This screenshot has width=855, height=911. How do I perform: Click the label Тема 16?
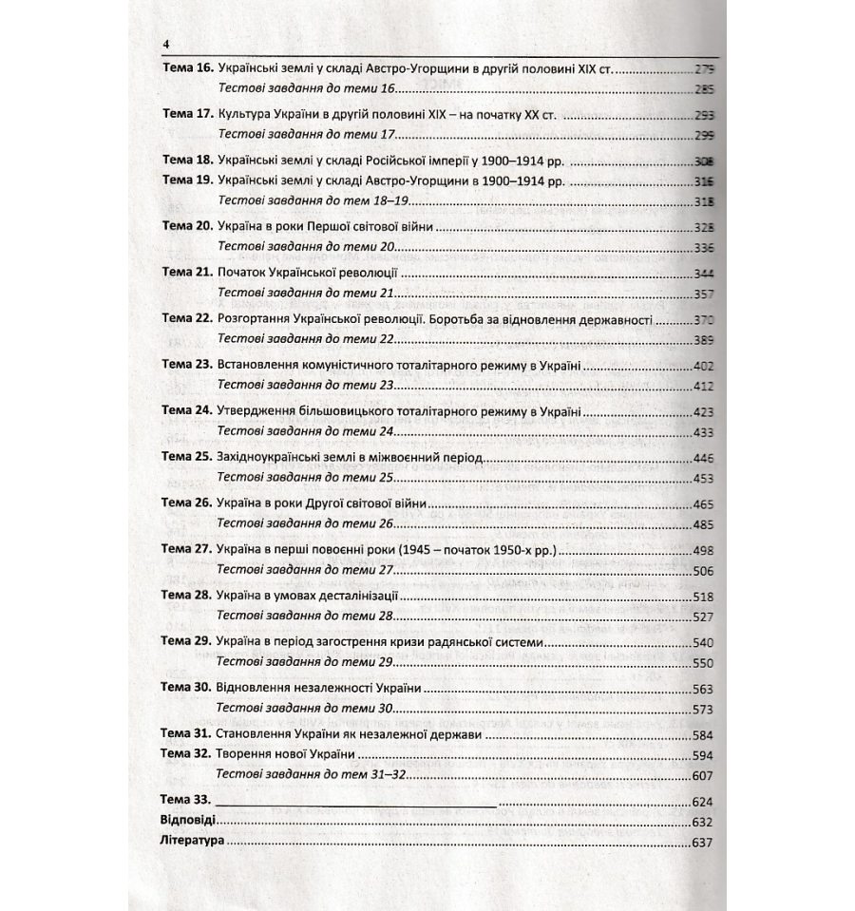coord(187,70)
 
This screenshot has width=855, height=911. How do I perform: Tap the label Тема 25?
coord(187,458)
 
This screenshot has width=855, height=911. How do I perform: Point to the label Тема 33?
coord(186,800)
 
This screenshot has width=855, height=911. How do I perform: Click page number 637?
coord(703,842)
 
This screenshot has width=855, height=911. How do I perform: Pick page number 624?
coord(703,801)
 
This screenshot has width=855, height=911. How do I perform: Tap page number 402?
coord(703,366)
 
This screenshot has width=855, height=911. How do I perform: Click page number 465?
coord(703,504)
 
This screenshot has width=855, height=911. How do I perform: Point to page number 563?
coord(703,689)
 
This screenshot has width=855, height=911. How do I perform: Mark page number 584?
coord(703,734)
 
